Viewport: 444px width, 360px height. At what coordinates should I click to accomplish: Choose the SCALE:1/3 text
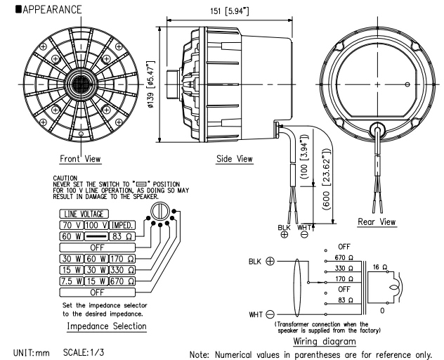[88, 349]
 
